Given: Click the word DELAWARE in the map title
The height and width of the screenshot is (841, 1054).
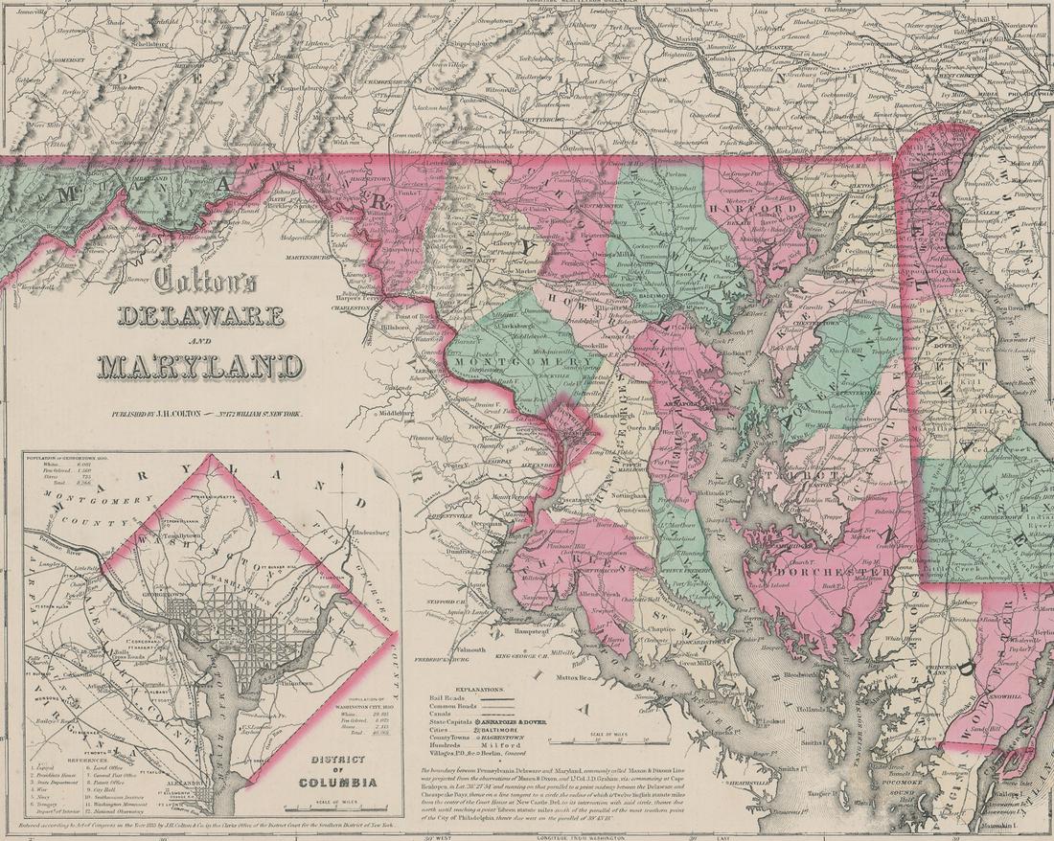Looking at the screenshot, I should (201, 316).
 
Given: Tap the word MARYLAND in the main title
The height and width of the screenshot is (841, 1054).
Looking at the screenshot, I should (200, 365).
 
